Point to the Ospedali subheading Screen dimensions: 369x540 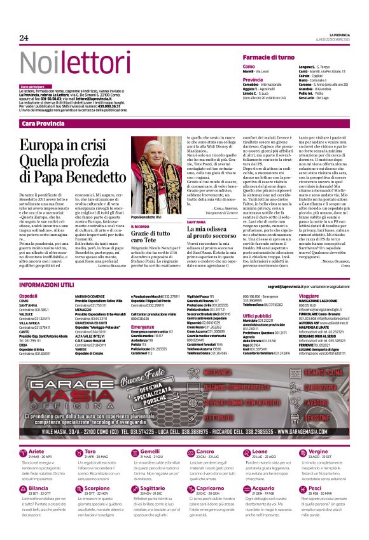click(29, 296)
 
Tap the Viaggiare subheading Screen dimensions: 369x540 click(309, 296)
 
